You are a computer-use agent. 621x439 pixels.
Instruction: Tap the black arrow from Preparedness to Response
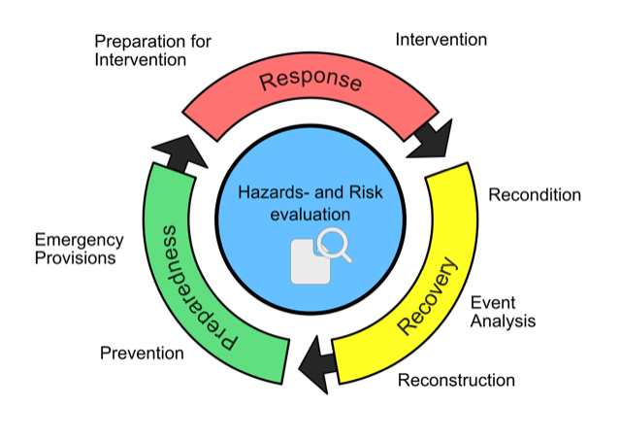(176, 152)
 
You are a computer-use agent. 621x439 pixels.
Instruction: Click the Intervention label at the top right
(441, 40)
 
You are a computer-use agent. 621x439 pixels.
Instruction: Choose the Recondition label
(535, 195)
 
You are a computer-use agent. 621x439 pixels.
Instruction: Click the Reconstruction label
(456, 380)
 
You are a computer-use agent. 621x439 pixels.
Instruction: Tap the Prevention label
(142, 353)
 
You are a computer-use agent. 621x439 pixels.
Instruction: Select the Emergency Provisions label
(79, 249)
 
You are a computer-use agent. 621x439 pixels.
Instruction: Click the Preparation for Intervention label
(152, 51)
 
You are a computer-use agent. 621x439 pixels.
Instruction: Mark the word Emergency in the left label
(79, 239)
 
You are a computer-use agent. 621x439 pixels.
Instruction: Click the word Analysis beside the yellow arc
(503, 321)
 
